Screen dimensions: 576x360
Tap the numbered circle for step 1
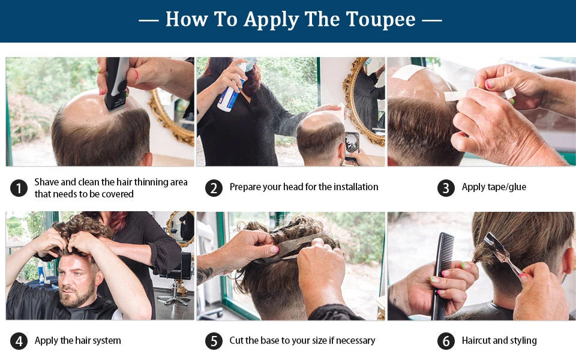click(x=19, y=188)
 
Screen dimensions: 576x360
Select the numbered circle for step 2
click(x=214, y=188)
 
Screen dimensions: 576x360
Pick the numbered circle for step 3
click(x=446, y=188)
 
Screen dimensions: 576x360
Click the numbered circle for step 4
click(x=19, y=341)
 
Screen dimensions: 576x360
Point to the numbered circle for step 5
click(x=214, y=341)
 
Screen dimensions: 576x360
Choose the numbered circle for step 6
click(x=446, y=341)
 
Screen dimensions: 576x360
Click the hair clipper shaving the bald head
click(x=117, y=84)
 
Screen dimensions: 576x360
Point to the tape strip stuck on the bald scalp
click(x=407, y=72)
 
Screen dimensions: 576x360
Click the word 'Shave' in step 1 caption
click(x=46, y=182)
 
